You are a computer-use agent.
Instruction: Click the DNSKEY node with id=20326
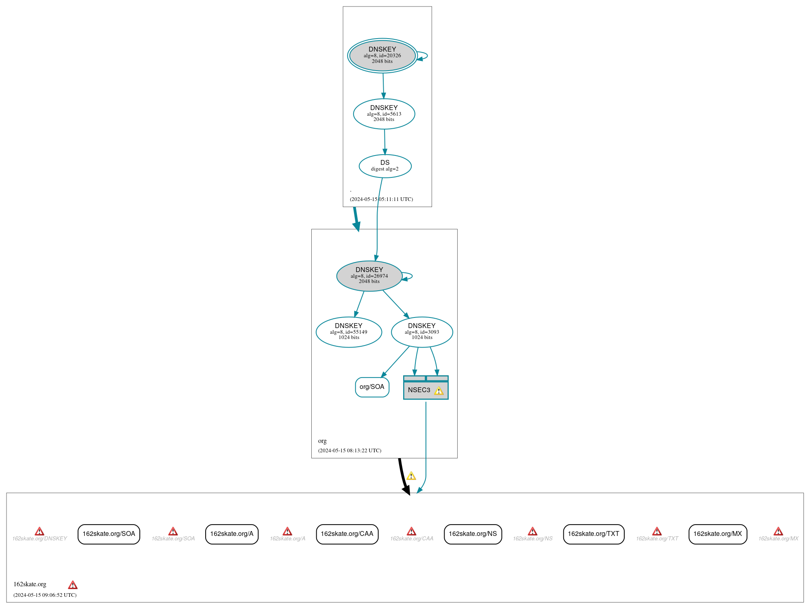[382, 56]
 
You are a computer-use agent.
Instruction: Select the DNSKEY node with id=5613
[384, 114]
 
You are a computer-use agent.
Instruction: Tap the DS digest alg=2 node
[385, 166]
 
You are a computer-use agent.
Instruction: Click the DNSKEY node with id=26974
[369, 276]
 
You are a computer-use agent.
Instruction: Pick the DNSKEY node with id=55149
[349, 332]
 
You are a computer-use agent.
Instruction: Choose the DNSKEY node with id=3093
[421, 332]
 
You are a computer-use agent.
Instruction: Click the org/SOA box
[372, 387]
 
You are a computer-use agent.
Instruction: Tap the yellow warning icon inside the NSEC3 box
[439, 391]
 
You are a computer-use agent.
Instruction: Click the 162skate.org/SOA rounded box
[109, 534]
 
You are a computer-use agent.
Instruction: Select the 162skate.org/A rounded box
[232, 534]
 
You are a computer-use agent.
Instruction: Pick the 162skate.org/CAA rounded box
[347, 534]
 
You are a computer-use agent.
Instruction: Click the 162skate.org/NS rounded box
[473, 534]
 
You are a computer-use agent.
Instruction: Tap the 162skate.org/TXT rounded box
[593, 534]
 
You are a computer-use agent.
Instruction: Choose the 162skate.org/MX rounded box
[717, 534]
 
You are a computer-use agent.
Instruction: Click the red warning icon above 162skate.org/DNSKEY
[39, 531]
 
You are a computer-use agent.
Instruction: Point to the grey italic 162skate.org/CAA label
[412, 539]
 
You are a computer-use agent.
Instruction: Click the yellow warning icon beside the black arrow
[411, 476]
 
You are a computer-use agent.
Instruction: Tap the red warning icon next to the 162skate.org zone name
[73, 585]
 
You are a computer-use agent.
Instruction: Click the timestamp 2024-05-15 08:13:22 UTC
[350, 450]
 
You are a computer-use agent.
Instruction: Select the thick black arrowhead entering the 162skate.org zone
[406, 490]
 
